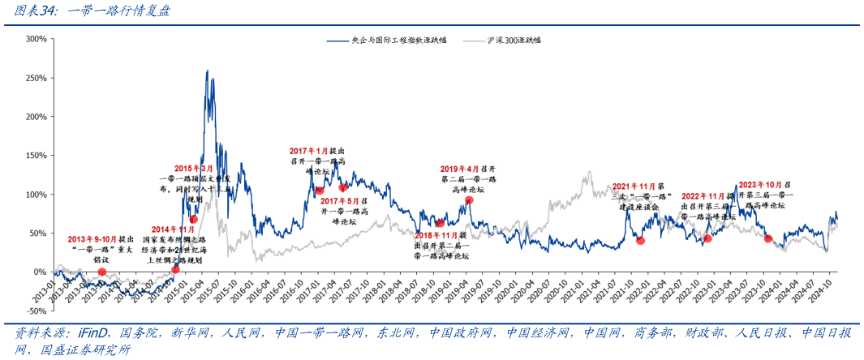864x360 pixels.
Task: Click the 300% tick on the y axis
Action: (35, 38)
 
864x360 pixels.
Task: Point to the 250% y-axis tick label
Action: (35, 77)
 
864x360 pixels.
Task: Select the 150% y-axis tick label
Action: (35, 155)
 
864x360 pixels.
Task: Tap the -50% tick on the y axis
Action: (35, 311)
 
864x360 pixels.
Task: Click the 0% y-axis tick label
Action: (39, 272)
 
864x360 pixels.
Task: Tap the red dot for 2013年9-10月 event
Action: (102, 272)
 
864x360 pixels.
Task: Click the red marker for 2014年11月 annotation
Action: (176, 269)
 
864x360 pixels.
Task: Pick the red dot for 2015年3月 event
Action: (193, 219)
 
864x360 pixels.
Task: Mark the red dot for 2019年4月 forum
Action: (469, 199)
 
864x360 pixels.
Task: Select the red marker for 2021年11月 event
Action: (640, 240)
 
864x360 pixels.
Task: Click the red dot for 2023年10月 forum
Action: (768, 238)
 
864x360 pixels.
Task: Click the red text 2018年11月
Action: (435, 235)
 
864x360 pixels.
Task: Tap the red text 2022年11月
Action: (703, 196)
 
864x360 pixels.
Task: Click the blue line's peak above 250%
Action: (208, 71)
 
